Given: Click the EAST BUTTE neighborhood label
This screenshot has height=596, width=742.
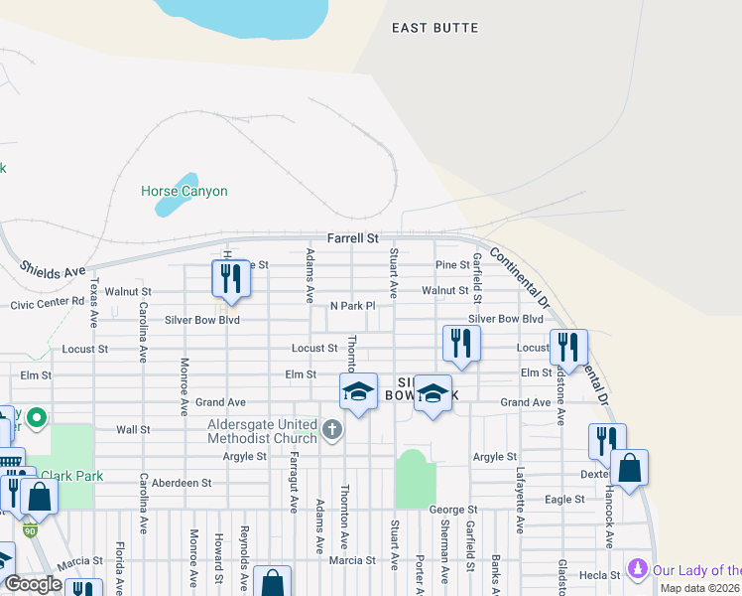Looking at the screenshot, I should click(x=434, y=28).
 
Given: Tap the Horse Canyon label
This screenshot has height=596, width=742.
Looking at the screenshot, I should click(x=184, y=191).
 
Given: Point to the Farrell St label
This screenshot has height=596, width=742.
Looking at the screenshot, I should click(x=353, y=239).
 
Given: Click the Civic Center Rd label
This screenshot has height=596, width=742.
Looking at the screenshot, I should click(x=48, y=302).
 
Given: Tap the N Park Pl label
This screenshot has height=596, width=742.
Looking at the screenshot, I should click(x=352, y=306).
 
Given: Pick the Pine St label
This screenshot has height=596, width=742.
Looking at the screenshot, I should click(x=452, y=265).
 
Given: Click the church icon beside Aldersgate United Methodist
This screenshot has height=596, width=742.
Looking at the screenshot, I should click(x=332, y=430).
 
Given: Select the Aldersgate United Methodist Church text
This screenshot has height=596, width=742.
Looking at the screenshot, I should click(x=261, y=431).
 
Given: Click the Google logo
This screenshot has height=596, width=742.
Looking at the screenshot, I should click(x=33, y=584).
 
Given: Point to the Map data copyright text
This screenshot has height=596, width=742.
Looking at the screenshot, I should click(x=700, y=588).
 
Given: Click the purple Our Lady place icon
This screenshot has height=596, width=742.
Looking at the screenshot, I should click(x=638, y=570).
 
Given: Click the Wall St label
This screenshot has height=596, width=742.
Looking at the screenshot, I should click(x=133, y=430).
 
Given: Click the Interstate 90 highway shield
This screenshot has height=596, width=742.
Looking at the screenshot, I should click(x=30, y=531).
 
